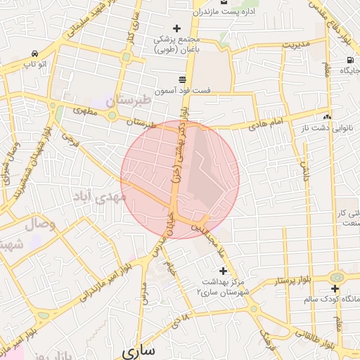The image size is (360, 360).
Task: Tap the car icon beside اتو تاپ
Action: coord(34,54)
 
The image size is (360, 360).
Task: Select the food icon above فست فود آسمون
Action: coord(182,79)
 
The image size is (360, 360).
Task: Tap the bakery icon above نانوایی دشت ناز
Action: coord(327,116)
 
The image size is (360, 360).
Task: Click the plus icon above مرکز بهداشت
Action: coord(223,271)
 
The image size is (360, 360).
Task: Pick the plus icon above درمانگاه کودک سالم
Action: coord(335,288)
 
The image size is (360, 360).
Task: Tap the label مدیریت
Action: coord(295,44)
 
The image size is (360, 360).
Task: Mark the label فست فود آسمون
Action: coord(194,91)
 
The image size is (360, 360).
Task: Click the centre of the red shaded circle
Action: coord(180,179)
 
